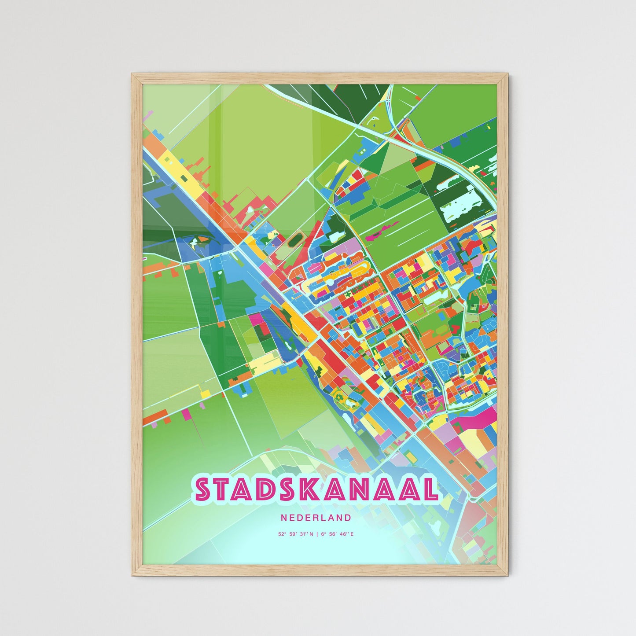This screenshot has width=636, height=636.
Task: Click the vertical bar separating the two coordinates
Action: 316,534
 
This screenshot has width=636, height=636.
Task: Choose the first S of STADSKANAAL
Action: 204,490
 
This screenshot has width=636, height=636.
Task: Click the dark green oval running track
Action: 294,240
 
